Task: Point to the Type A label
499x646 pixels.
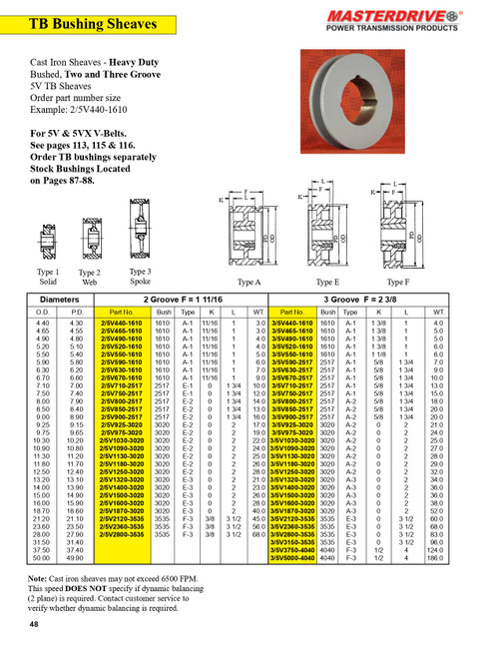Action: [x=244, y=283]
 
